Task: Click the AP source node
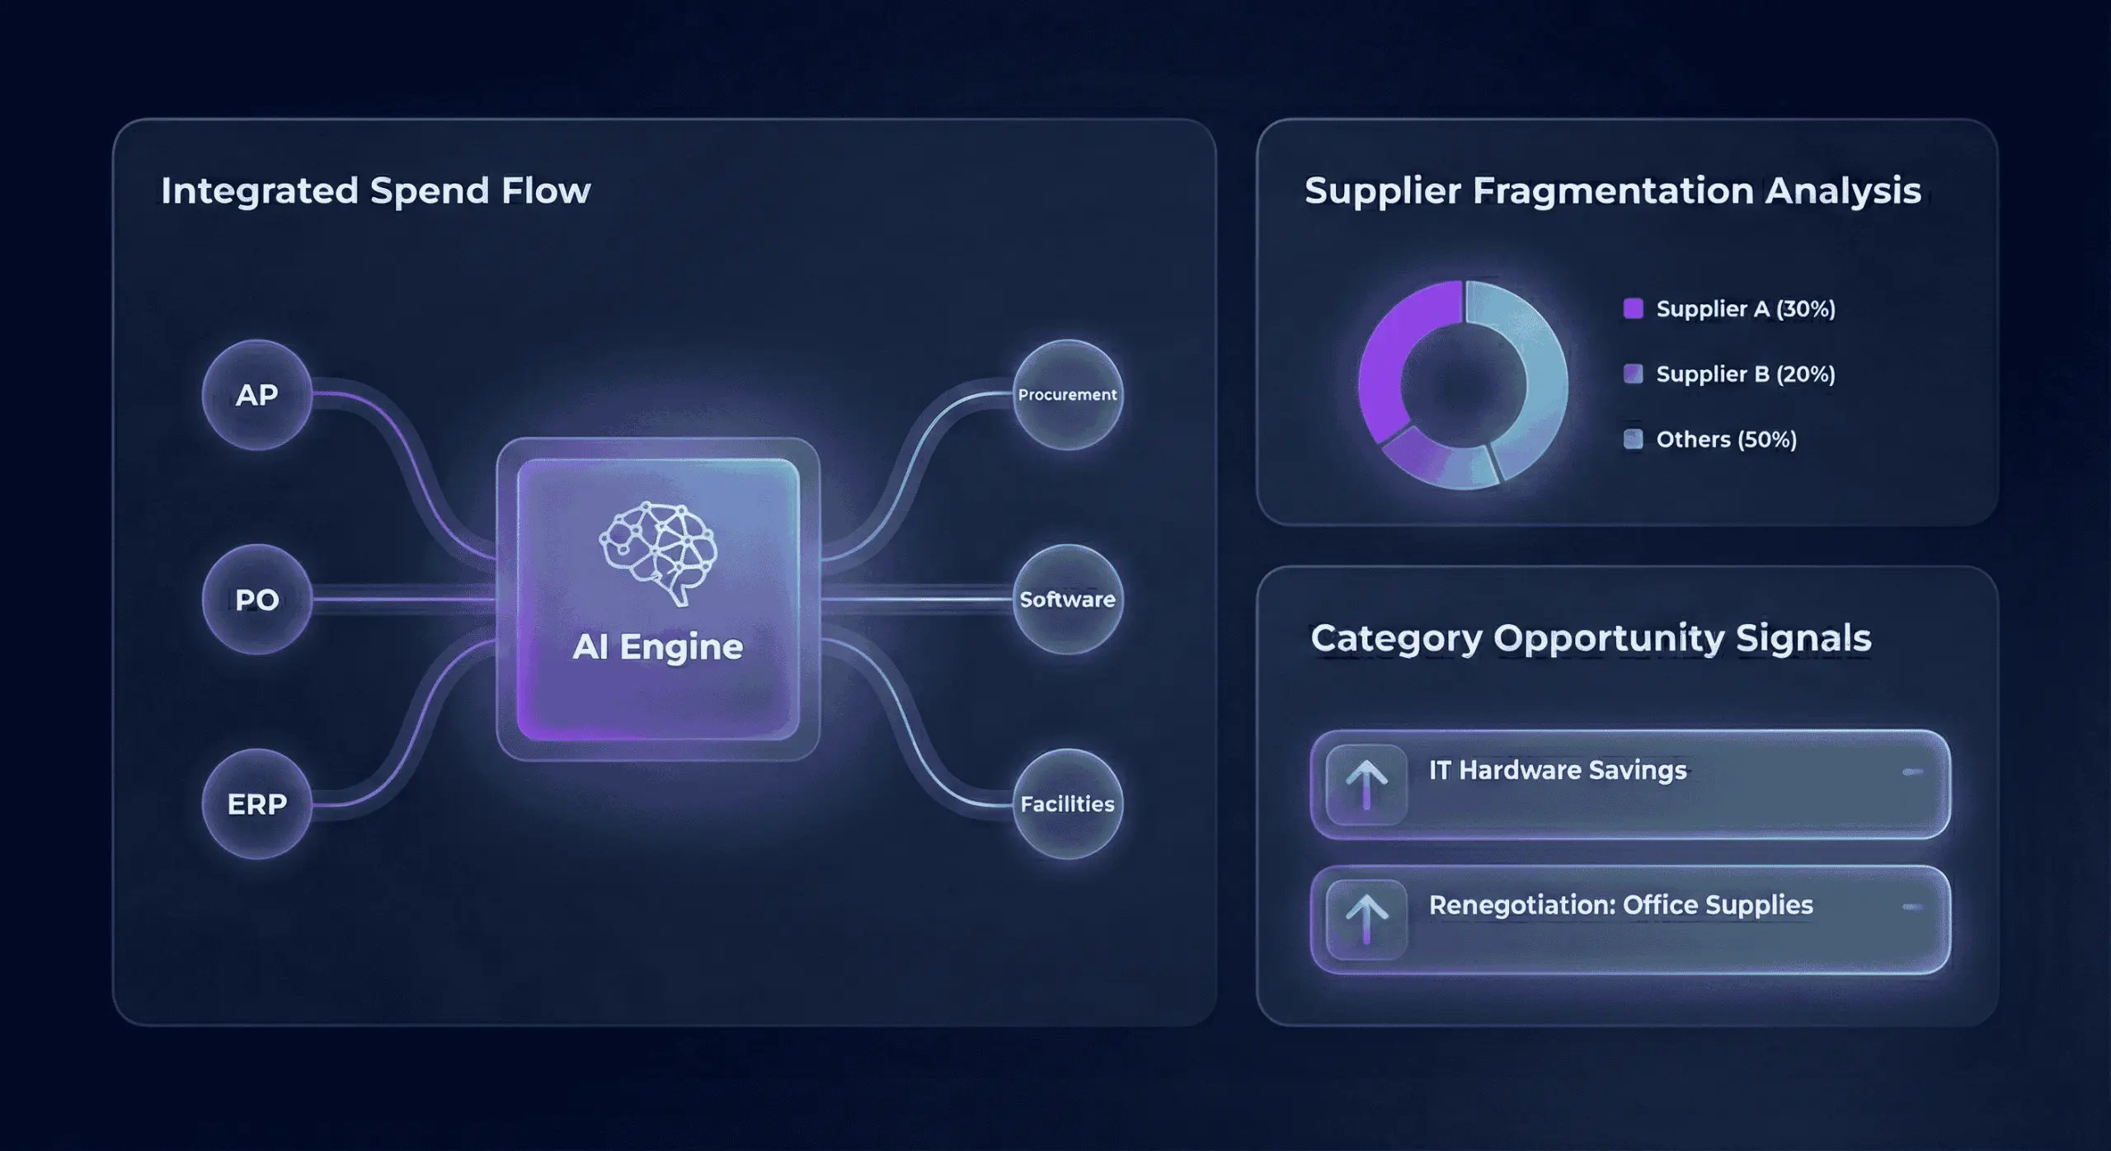pos(256,395)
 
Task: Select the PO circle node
pos(256,599)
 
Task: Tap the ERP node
pos(256,804)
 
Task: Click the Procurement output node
pos(1067,395)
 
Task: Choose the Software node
pos(1067,599)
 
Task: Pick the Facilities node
pos(1067,804)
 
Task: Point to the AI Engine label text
pos(658,647)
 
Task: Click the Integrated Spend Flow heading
pos(375,190)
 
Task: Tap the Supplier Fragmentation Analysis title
pos(1612,190)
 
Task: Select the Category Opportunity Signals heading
pos(1591,638)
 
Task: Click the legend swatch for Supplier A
pos(1633,308)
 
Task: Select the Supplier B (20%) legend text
pos(1745,374)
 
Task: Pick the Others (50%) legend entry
pos(1726,439)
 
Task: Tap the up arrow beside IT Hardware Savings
pos(1366,784)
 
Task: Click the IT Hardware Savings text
pos(1558,770)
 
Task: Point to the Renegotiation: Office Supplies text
pos(1620,905)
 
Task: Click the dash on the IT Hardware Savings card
pos(1912,772)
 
